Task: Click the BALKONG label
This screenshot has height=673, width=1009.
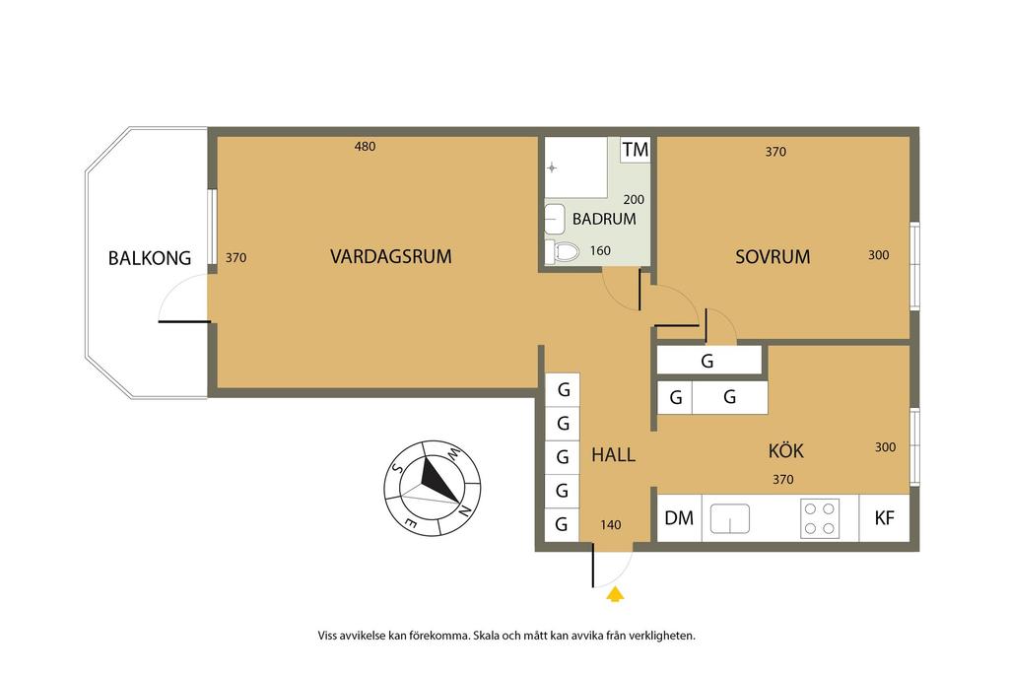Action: [150, 258]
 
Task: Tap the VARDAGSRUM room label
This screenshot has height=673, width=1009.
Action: [390, 257]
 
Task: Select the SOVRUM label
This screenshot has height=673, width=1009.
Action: [773, 257]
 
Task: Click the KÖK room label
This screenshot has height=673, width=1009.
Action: [785, 450]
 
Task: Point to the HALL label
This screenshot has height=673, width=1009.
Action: [613, 455]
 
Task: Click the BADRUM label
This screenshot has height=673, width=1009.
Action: [604, 219]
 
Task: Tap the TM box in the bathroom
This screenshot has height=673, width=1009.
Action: [636, 149]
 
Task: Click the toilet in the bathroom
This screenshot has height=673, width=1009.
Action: [562, 251]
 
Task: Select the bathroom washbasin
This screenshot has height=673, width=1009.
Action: [554, 219]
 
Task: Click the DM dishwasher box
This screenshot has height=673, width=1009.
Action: [679, 518]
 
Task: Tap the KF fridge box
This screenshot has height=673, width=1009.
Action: [884, 518]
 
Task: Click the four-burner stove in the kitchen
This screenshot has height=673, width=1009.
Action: [819, 518]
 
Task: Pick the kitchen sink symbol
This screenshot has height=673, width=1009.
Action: [730, 518]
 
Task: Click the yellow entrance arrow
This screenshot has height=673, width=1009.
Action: [615, 594]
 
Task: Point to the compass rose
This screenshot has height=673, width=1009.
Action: [433, 489]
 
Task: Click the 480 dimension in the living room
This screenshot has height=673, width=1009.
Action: [365, 147]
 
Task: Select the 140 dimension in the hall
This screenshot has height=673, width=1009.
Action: [611, 525]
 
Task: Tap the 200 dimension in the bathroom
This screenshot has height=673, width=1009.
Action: [634, 200]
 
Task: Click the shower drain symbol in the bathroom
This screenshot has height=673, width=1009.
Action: [552, 168]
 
